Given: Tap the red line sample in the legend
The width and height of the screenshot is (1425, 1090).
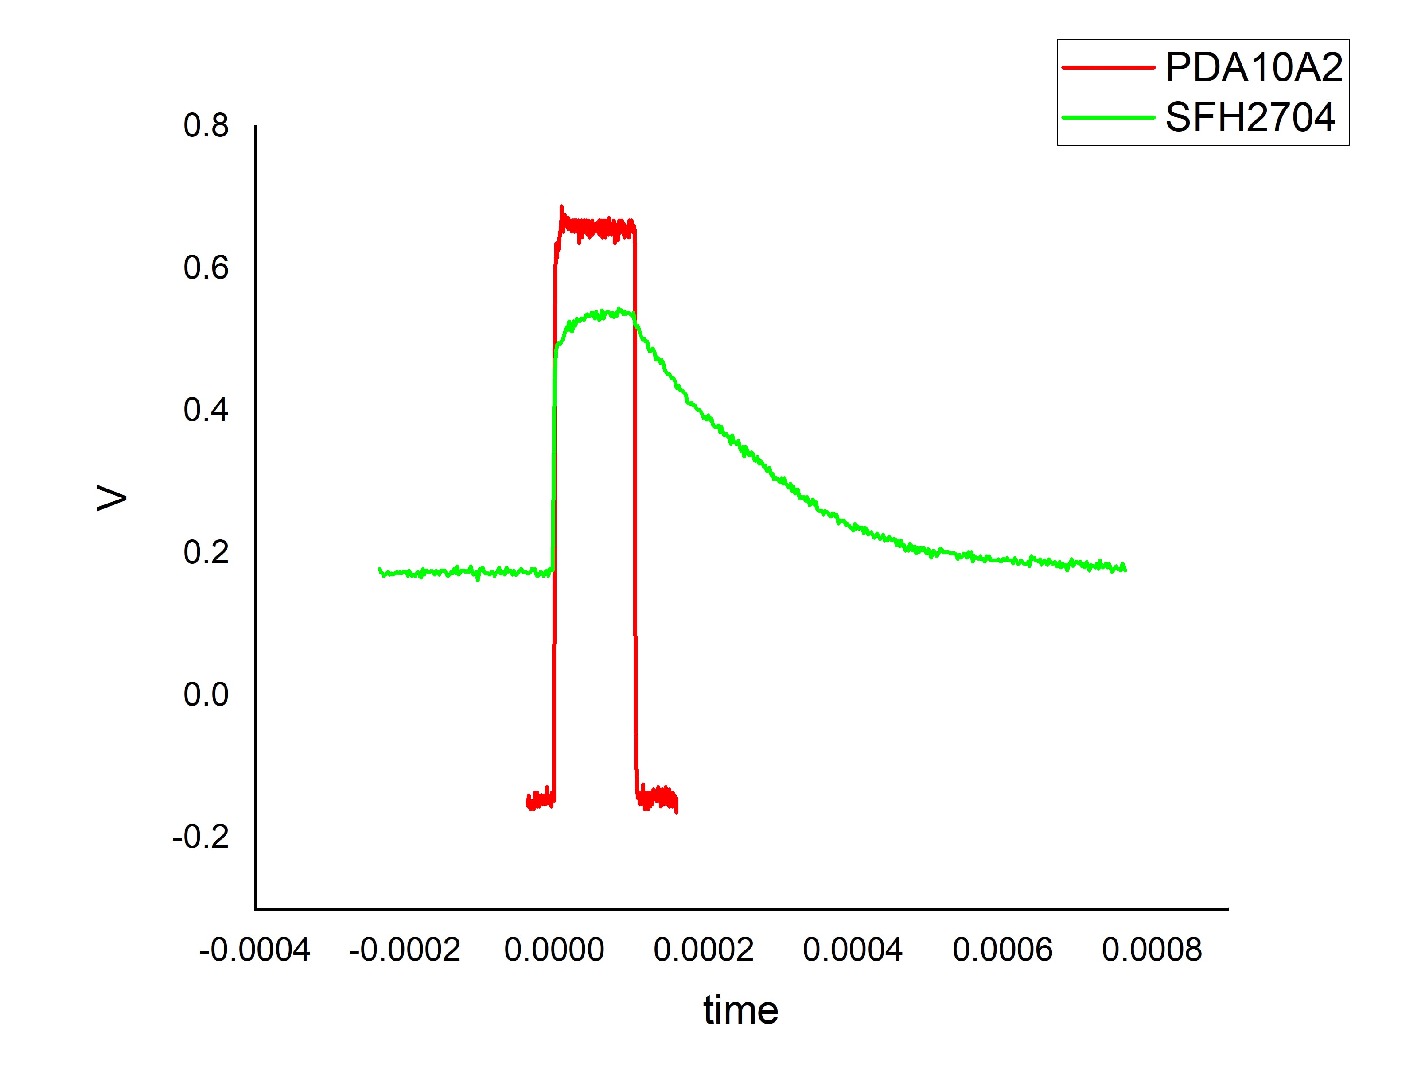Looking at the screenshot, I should tap(1108, 67).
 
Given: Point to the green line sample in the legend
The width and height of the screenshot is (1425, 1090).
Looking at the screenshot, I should tap(1108, 117).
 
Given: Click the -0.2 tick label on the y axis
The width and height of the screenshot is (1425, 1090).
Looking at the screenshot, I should tap(201, 837).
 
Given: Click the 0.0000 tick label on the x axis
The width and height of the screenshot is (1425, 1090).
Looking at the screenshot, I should tap(554, 950).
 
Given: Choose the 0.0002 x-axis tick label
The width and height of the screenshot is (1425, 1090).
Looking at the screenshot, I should tap(703, 950).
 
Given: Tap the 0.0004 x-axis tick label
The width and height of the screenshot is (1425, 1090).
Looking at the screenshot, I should tap(853, 950).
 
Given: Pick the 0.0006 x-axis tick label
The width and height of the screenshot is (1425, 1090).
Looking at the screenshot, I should tap(1003, 950).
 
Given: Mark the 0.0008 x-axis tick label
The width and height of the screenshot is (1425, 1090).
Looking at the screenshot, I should tap(1152, 950).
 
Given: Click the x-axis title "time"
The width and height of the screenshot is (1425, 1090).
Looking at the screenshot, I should tap(740, 1011).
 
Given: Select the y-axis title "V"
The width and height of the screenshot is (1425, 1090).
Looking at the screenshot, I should tap(112, 498).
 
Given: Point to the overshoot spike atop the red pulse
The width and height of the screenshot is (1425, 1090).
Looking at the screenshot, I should tap(561, 209).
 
